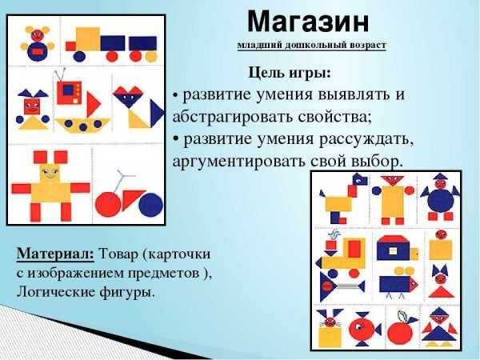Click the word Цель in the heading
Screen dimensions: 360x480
coord(265,74)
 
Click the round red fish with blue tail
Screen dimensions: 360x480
coord(364,329)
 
